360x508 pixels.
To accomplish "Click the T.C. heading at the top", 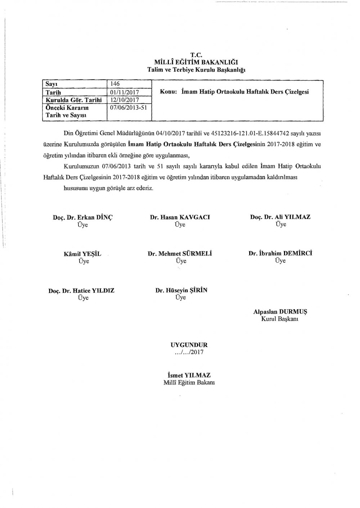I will [197, 55].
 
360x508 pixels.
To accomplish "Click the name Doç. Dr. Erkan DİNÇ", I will [82, 217].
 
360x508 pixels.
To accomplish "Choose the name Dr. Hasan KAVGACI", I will [180, 217].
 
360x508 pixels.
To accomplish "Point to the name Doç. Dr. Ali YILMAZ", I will [280, 217].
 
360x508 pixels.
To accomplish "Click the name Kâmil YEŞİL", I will [82, 254].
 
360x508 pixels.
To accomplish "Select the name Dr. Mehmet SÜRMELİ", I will [179, 254].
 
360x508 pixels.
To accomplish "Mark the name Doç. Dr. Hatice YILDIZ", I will [81, 290].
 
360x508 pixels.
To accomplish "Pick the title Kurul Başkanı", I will [280, 319].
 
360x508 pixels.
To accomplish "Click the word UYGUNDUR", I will [189, 345].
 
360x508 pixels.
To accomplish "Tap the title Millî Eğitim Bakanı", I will [189, 383].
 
